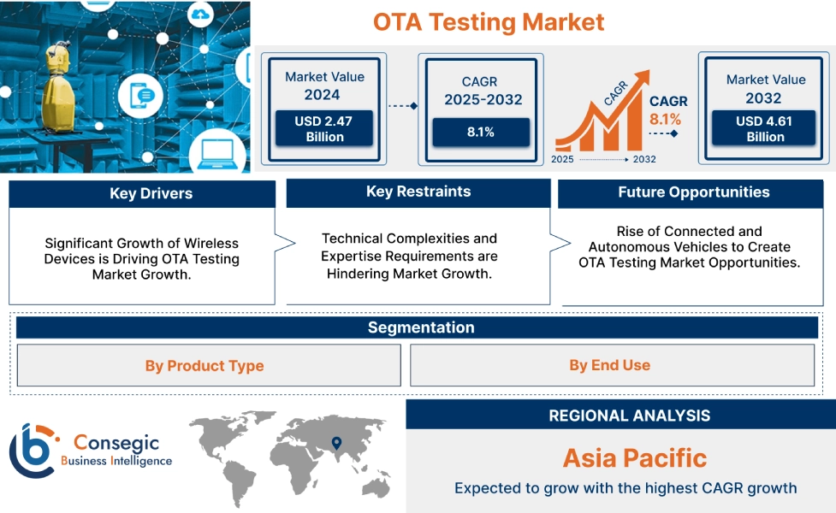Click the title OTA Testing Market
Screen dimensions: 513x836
point(489,22)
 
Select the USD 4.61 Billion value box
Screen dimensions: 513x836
point(764,129)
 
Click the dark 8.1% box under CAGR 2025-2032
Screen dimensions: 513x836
point(480,133)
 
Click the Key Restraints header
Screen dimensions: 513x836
point(418,192)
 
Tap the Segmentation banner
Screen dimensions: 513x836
point(420,327)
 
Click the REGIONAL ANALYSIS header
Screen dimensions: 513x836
point(629,416)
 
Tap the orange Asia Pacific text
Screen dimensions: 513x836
point(634,458)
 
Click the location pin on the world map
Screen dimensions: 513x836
point(336,443)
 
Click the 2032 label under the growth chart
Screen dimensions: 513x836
point(644,160)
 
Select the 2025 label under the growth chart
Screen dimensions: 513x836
point(562,160)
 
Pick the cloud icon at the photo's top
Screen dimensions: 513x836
point(201,14)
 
